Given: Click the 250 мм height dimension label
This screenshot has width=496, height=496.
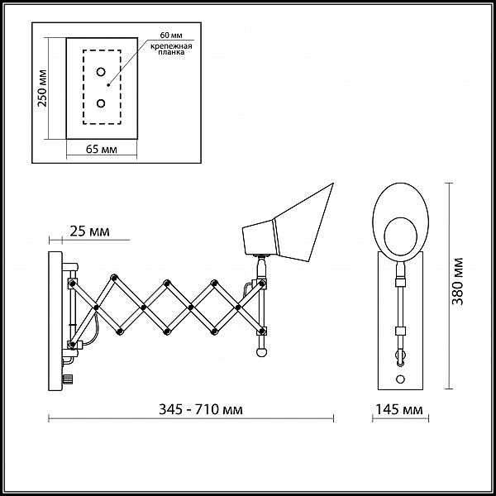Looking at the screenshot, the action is coord(42,88).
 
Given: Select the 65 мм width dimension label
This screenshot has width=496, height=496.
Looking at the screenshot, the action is coord(101,149).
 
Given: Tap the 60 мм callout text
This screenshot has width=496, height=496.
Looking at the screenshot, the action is coord(171,35).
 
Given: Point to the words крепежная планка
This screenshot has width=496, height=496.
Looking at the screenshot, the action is coord(171,49).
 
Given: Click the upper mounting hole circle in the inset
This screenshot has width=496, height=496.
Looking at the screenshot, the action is coord(101,72).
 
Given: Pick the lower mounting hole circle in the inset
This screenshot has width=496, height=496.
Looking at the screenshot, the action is coord(101,103).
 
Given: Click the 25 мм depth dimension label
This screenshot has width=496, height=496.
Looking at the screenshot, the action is coord(89,231).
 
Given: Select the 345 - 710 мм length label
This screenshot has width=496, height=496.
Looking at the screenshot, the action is coord(201,409).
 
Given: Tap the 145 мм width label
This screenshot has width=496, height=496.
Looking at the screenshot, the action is coord(399,409).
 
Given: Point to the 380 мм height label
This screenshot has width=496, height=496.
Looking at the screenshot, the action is coord(457,282).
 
